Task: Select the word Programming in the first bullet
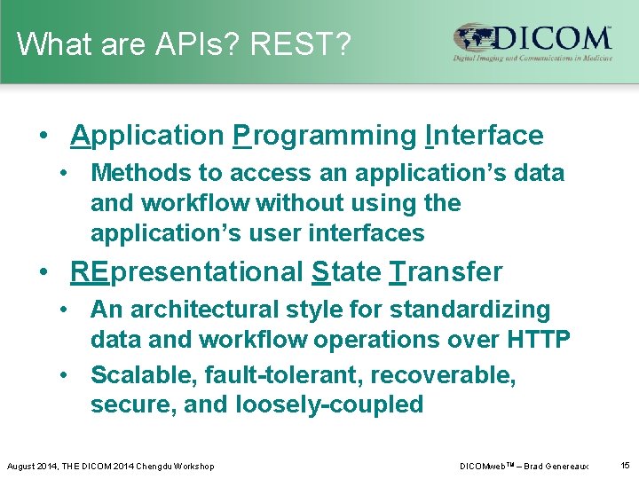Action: tap(325, 136)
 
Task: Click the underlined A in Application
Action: tap(80, 136)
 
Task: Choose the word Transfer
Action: tap(446, 272)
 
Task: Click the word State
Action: tap(346, 272)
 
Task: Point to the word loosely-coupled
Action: tap(329, 405)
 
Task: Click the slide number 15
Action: tap(625, 465)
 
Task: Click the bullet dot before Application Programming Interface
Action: tap(43, 137)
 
